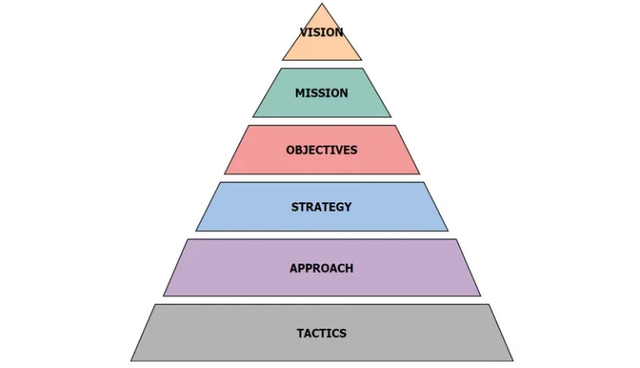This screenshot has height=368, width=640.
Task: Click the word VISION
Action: click(x=322, y=32)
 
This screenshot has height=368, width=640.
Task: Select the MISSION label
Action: click(x=322, y=93)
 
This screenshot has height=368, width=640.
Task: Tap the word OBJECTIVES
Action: click(x=322, y=150)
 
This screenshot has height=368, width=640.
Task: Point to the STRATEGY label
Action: click(x=322, y=206)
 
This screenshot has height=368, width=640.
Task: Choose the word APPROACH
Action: click(x=322, y=268)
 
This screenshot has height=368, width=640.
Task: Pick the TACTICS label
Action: click(x=322, y=333)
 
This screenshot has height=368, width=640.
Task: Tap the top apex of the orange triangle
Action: click(x=322, y=3)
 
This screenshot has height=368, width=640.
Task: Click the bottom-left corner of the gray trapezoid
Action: click(x=131, y=361)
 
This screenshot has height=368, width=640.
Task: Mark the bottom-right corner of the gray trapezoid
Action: click(x=513, y=361)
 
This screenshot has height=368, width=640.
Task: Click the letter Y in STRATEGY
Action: click(x=347, y=206)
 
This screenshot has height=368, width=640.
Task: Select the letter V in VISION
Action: click(x=304, y=32)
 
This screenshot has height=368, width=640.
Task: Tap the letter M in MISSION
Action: click(x=300, y=93)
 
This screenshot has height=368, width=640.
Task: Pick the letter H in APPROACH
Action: click(x=349, y=268)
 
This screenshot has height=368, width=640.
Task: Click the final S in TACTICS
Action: click(x=342, y=333)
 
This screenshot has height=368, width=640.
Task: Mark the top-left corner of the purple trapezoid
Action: click(x=187, y=240)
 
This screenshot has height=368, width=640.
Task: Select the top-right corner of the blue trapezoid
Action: click(x=424, y=182)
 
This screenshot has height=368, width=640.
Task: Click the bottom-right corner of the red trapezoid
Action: click(x=419, y=174)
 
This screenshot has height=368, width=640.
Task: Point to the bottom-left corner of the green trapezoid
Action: click(x=253, y=117)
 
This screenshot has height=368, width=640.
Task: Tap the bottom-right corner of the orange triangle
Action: click(x=362, y=60)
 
